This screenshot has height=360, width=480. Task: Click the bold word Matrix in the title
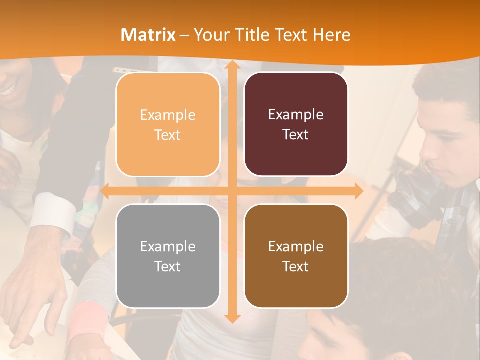(148, 35)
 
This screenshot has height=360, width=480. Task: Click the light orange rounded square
(168, 125)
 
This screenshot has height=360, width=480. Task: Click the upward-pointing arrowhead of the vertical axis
(231, 66)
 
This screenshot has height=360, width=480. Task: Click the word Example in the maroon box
(296, 115)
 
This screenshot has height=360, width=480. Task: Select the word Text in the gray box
(167, 266)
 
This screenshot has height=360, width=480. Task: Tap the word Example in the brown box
(296, 246)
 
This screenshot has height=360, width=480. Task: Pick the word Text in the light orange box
(167, 135)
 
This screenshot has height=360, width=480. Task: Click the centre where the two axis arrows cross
(231, 191)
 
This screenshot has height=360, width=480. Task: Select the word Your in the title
(208, 35)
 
